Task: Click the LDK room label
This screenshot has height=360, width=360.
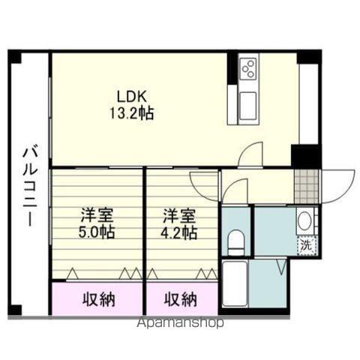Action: [x=132, y=97]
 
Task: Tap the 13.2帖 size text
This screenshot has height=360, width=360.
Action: [x=132, y=113]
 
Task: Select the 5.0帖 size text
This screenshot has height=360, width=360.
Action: [x=97, y=232]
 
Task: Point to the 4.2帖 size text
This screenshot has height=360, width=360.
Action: [x=178, y=232]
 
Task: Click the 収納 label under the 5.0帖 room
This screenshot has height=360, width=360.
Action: [x=99, y=299]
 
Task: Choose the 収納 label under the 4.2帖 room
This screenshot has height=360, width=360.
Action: [x=180, y=299]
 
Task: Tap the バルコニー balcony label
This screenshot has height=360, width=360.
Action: [x=30, y=187]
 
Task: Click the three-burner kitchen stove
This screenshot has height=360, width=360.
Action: [x=248, y=67]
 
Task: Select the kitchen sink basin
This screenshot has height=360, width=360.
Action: [x=247, y=106]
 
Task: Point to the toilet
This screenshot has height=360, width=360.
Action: [x=236, y=242]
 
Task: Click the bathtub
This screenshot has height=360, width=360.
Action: [x=235, y=283]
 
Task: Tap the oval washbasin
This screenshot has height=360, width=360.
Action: [x=304, y=221]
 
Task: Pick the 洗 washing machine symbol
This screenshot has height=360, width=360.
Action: [x=307, y=245]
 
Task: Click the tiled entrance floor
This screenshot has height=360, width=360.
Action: [x=307, y=187]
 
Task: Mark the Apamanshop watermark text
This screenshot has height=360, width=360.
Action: [x=180, y=323]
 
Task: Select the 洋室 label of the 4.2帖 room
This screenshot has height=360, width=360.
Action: [x=178, y=216]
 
